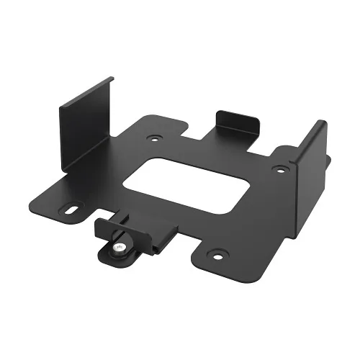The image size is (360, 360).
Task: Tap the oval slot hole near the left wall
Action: click(x=73, y=210)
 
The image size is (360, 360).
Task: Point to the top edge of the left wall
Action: click(x=85, y=91)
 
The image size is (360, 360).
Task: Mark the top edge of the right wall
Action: click(x=312, y=133)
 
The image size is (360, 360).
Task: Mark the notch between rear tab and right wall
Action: click(x=277, y=148)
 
